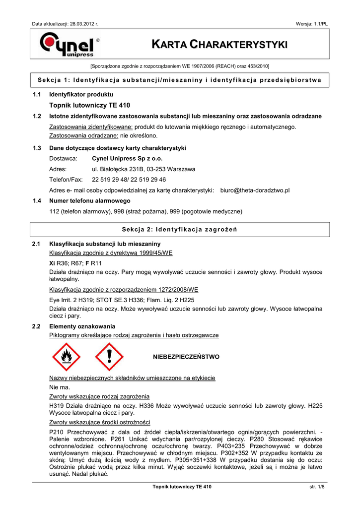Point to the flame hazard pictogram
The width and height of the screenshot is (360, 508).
click(65, 357)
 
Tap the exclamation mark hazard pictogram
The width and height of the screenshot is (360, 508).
click(108, 357)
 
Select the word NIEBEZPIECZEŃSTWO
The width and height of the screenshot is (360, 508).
click(186, 357)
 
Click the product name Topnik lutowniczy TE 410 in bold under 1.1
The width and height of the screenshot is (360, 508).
click(89, 105)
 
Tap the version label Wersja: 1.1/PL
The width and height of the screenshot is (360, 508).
click(311, 24)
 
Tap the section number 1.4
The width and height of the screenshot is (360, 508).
click(36, 201)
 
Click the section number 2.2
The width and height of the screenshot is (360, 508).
click(36, 326)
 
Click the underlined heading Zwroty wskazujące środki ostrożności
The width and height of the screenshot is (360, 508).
click(99, 422)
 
